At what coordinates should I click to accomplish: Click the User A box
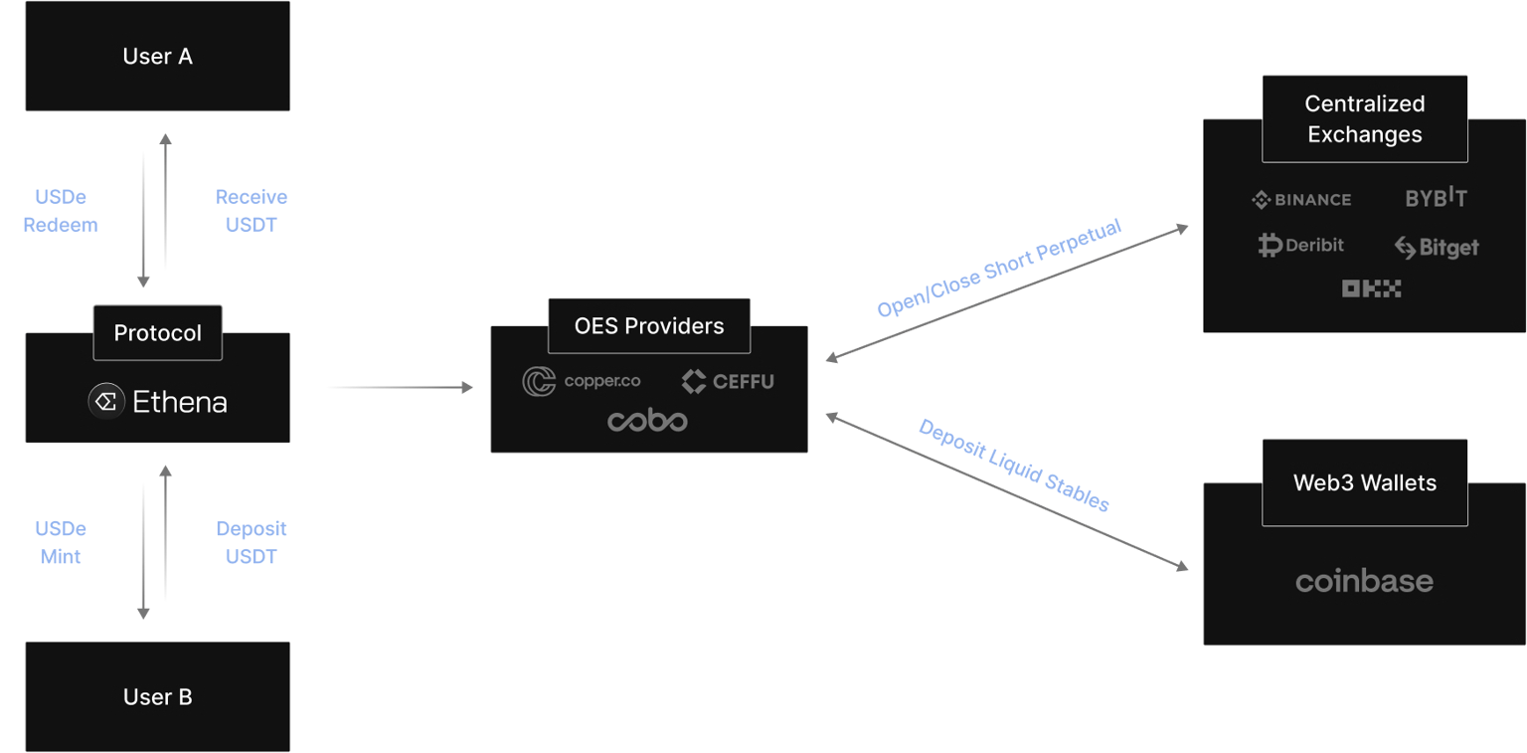[x=157, y=56]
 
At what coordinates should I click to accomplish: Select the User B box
[x=157, y=696]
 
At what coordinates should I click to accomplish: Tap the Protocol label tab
[x=157, y=333]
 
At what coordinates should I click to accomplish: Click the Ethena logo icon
[x=105, y=402]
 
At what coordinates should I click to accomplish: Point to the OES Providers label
[x=648, y=325]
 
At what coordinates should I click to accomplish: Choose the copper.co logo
[x=582, y=381]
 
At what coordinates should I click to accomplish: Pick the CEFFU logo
[x=728, y=381]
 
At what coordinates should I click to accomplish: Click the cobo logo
[x=647, y=422]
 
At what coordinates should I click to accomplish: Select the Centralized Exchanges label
[x=1364, y=119]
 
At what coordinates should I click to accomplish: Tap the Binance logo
[x=1301, y=200]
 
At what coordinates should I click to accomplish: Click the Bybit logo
[x=1436, y=197]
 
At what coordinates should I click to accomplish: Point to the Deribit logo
[x=1300, y=245]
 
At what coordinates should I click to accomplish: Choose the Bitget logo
[x=1436, y=247]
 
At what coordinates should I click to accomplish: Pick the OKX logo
[x=1371, y=288]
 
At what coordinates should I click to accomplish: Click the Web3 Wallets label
[x=1364, y=483]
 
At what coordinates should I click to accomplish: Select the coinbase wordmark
[x=1364, y=581]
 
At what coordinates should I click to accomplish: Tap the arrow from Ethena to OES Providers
[x=401, y=387]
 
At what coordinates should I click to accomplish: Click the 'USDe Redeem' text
[x=61, y=211]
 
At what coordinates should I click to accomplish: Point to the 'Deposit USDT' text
[x=251, y=543]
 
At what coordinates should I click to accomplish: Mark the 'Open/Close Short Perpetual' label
[x=998, y=268]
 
